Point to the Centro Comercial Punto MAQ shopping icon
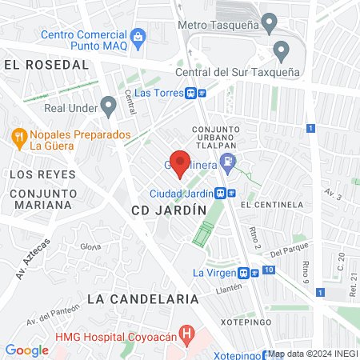[x=138, y=35]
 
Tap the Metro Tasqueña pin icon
[x=270, y=22]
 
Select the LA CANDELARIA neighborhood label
[x=142, y=298]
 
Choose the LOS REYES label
[x=42, y=174]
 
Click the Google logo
[x=26, y=350]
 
